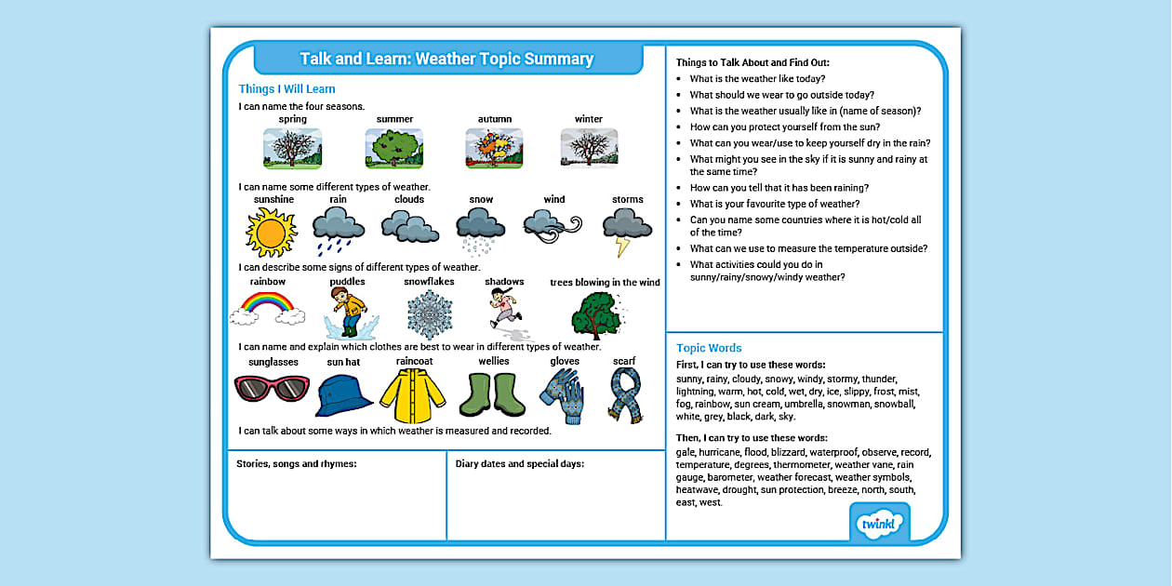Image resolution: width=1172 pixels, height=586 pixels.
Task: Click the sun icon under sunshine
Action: click(x=271, y=232)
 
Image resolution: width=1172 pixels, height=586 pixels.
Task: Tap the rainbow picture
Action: click(x=267, y=309)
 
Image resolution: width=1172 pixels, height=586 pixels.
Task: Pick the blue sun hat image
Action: click(x=343, y=394)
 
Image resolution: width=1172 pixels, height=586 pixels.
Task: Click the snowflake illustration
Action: click(x=429, y=314)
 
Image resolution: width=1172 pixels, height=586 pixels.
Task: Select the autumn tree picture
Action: click(x=494, y=149)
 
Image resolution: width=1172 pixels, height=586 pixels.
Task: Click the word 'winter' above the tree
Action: click(x=589, y=119)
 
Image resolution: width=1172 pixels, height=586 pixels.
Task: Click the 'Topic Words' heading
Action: click(x=709, y=348)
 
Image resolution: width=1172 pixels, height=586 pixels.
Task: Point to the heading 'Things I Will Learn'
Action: click(x=286, y=89)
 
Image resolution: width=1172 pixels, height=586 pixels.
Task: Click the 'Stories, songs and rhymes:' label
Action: click(x=297, y=463)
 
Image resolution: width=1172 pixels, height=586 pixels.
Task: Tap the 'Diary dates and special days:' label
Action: click(x=520, y=463)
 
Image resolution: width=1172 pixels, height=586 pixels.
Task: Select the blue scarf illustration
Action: click(x=624, y=394)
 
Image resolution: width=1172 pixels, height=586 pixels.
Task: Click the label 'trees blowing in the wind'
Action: click(x=605, y=283)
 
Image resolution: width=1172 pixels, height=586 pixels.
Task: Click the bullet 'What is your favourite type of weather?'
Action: click(x=774, y=204)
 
